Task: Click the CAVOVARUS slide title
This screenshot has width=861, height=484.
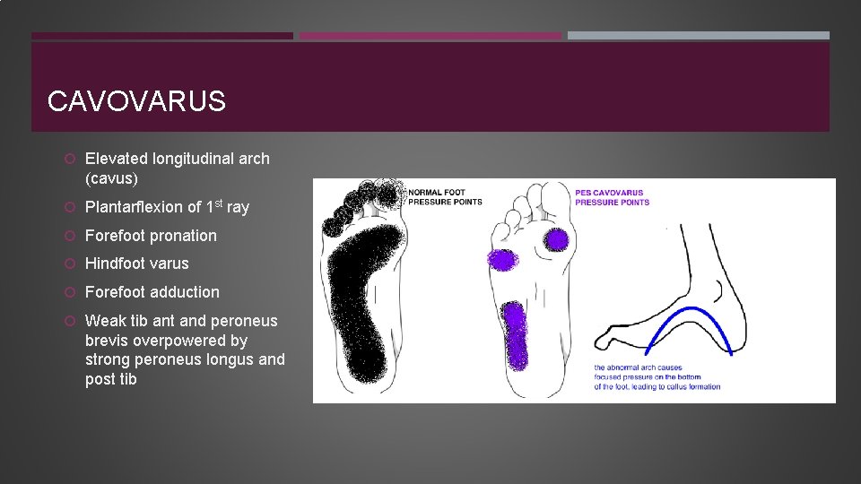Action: point(136,101)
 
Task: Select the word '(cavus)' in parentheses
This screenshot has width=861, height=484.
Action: point(111,178)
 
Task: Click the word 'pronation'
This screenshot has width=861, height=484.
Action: point(183,236)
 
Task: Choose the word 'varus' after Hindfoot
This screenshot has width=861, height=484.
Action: point(170,264)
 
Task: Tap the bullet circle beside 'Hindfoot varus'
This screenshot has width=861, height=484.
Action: point(70,264)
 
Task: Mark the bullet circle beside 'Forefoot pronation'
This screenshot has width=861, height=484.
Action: point(70,236)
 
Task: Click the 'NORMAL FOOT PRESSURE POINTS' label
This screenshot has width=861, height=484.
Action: point(445,197)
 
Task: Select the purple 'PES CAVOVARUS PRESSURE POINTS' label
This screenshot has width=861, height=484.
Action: point(612,197)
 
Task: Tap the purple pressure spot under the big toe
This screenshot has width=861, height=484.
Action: point(557,239)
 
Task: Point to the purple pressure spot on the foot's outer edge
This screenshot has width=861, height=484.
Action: point(501,260)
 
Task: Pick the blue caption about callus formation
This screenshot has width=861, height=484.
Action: point(657,377)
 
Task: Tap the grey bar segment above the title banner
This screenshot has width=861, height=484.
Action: point(698,36)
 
